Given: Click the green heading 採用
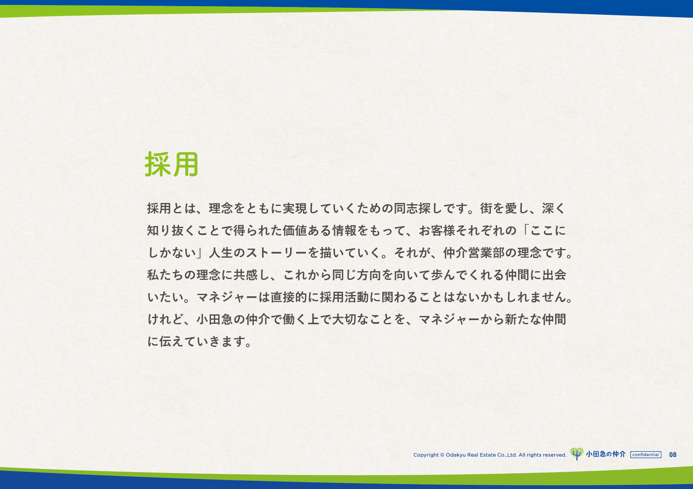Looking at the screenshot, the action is [x=172, y=164].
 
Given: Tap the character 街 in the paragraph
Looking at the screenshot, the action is [x=486, y=208].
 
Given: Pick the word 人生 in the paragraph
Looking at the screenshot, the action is [x=221, y=253].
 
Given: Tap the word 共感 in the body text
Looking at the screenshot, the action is [x=246, y=275].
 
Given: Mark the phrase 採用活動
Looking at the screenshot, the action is [x=344, y=297].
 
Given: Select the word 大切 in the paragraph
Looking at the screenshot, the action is [x=344, y=319].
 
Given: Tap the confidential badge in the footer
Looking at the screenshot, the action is [x=646, y=455].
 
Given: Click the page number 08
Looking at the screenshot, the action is [x=673, y=455].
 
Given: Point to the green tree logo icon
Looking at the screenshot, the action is [x=577, y=454].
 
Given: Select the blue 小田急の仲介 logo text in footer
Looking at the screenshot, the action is [x=606, y=454].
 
